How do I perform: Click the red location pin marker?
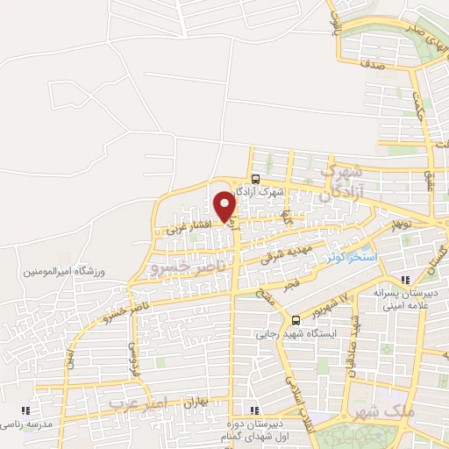point(225,206)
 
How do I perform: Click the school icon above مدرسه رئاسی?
point(26,410)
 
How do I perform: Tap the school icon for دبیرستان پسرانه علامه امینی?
point(404,280)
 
